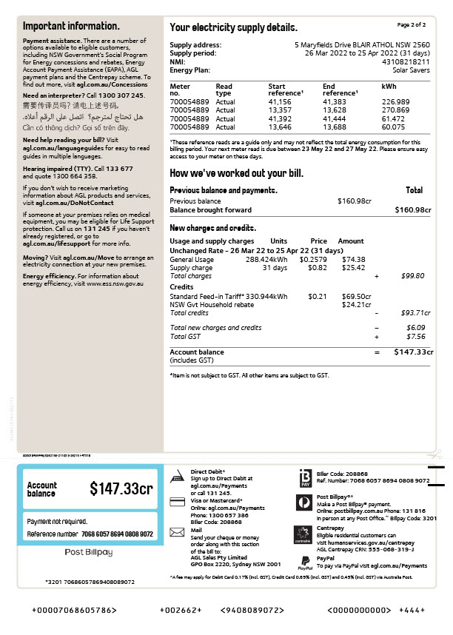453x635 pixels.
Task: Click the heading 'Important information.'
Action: (71, 26)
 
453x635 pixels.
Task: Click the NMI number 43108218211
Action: (406, 61)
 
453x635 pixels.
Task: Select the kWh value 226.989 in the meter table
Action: (395, 101)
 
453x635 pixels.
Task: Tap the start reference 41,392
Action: (280, 118)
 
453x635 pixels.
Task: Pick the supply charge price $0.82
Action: (318, 268)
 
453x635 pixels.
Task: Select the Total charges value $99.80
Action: (412, 276)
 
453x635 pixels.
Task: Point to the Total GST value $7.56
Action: (413, 337)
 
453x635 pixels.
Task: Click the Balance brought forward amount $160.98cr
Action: (412, 210)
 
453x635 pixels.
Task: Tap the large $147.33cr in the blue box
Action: (121, 489)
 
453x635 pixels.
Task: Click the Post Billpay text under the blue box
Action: (89, 552)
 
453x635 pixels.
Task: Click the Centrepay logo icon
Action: (302, 534)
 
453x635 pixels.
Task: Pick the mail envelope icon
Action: (177, 531)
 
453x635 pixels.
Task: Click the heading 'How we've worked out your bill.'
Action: (236, 173)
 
